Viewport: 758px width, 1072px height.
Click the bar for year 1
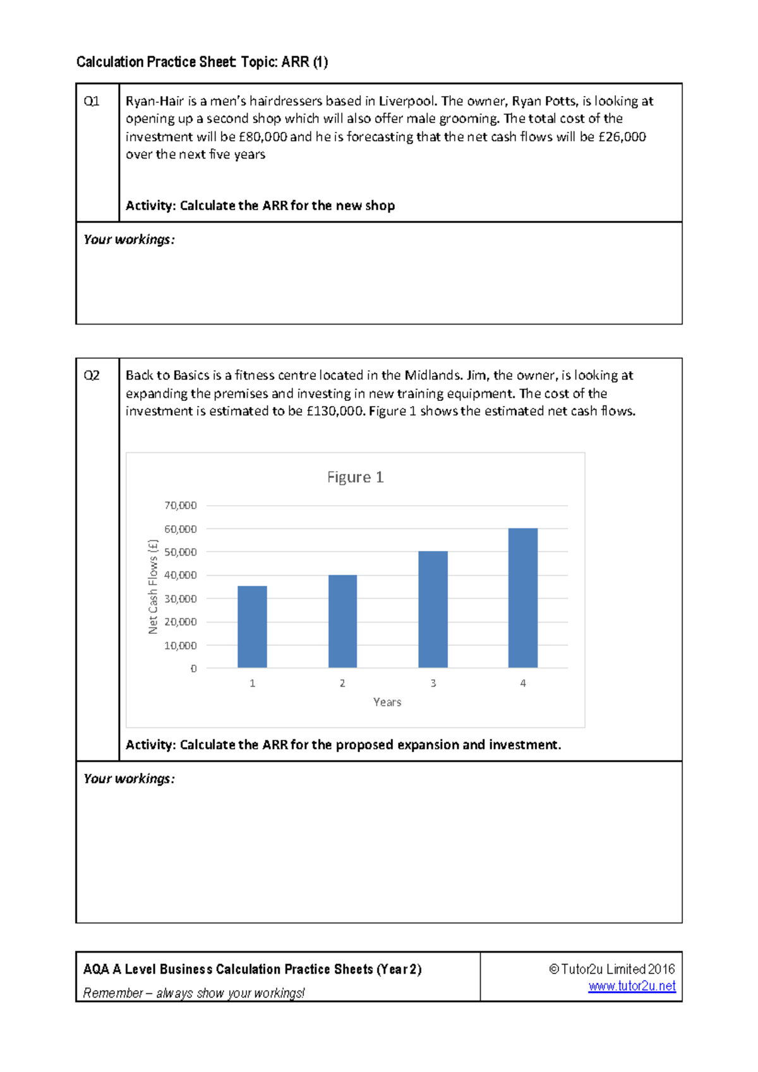point(252,626)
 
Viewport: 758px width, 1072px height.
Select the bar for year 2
point(342,621)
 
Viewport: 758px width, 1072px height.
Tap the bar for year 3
point(433,609)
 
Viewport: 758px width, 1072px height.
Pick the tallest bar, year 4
point(523,597)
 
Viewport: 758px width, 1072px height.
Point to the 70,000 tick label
point(181,505)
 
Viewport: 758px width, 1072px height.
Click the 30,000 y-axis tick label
point(181,599)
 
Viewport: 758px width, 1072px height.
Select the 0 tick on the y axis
point(193,669)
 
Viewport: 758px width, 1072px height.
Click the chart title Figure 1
point(355,477)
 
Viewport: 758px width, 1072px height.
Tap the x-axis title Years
point(387,702)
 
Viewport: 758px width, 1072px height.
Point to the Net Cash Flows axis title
point(153,587)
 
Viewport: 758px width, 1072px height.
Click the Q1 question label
point(92,101)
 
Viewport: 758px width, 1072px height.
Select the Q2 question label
point(92,376)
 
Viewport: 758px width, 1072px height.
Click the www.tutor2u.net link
point(632,986)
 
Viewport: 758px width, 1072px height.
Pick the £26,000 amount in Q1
point(622,137)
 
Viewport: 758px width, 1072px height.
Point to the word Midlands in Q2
point(433,376)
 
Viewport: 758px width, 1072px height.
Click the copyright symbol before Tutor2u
point(554,969)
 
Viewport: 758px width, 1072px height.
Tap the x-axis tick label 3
point(433,683)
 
